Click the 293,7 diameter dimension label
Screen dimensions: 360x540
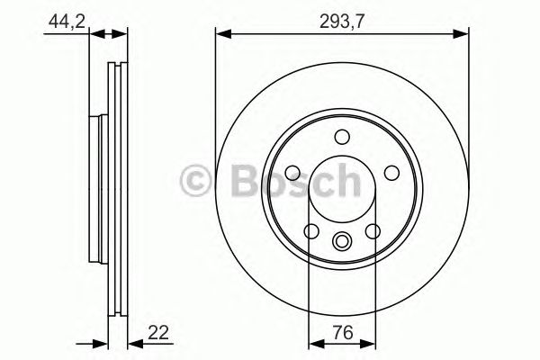pos(341,21)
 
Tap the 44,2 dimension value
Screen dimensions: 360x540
pos(59,21)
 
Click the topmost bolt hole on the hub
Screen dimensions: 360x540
pos(341,138)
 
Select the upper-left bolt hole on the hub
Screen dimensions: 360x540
pos(292,173)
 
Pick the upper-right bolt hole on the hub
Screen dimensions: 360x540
pos(390,173)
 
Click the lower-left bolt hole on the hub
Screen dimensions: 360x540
pos(311,231)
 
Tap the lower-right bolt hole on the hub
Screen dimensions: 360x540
pos(372,231)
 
